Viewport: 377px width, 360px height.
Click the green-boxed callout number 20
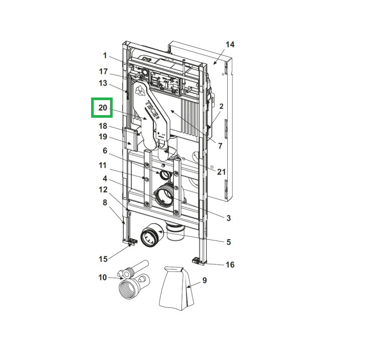click(x=103, y=108)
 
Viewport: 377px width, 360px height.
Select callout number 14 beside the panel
click(x=230, y=44)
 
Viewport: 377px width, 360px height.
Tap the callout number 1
click(x=105, y=55)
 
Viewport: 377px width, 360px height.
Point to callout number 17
click(x=104, y=71)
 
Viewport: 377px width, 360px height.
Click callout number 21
click(x=222, y=171)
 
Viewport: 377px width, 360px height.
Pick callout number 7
click(x=220, y=146)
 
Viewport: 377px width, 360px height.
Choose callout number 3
click(x=228, y=218)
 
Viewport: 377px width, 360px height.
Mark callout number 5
click(x=228, y=242)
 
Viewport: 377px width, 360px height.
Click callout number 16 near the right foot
click(x=230, y=264)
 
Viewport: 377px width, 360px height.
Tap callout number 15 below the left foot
click(x=103, y=259)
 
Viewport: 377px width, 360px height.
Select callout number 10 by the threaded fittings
click(x=103, y=277)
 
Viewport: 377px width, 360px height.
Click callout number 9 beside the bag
click(x=205, y=280)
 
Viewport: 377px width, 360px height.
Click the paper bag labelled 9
click(x=176, y=288)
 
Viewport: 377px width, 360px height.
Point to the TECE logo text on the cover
click(x=152, y=110)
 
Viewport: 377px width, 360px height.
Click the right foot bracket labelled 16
click(x=199, y=260)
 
